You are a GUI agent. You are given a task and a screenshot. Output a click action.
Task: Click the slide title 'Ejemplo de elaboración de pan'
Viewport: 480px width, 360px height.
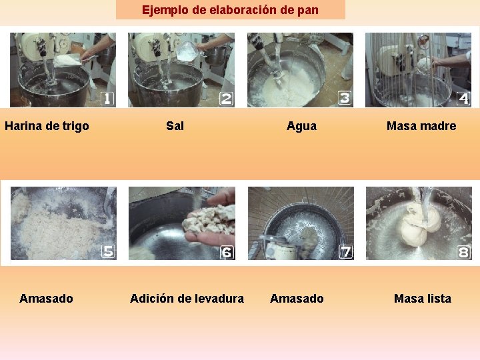tap(230, 10)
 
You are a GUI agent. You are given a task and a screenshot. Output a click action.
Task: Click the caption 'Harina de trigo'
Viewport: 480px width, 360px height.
tap(47, 126)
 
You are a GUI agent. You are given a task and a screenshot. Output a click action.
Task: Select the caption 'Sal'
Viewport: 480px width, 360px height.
tap(175, 126)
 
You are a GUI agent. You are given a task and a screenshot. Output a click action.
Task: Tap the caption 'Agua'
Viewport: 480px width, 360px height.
tap(301, 126)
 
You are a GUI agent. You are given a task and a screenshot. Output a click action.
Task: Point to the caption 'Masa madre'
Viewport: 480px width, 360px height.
tap(421, 126)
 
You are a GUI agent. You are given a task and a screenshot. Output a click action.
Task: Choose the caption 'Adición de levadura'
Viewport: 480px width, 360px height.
tap(187, 299)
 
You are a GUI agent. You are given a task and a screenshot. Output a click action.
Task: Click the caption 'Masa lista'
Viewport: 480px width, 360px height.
tap(422, 299)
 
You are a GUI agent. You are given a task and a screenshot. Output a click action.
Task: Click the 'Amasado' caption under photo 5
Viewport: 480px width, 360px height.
tap(46, 299)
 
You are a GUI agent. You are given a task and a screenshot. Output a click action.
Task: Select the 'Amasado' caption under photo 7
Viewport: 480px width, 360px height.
tap(297, 299)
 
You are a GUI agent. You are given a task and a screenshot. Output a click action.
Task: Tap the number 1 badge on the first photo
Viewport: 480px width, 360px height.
tap(107, 99)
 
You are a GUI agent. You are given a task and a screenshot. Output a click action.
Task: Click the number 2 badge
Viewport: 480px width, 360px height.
tap(227, 99)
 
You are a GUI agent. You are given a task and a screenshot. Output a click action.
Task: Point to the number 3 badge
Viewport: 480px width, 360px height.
tap(345, 98)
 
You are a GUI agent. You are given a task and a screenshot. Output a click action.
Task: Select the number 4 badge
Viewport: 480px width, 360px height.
tap(463, 99)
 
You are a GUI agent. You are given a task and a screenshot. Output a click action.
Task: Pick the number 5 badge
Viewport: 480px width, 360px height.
tap(108, 251)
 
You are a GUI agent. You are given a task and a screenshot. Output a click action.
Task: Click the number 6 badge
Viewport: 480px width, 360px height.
tap(227, 252)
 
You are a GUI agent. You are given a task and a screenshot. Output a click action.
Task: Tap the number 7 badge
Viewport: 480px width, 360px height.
tap(345, 251)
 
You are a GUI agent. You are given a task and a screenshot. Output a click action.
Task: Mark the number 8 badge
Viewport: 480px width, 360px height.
tap(463, 252)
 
